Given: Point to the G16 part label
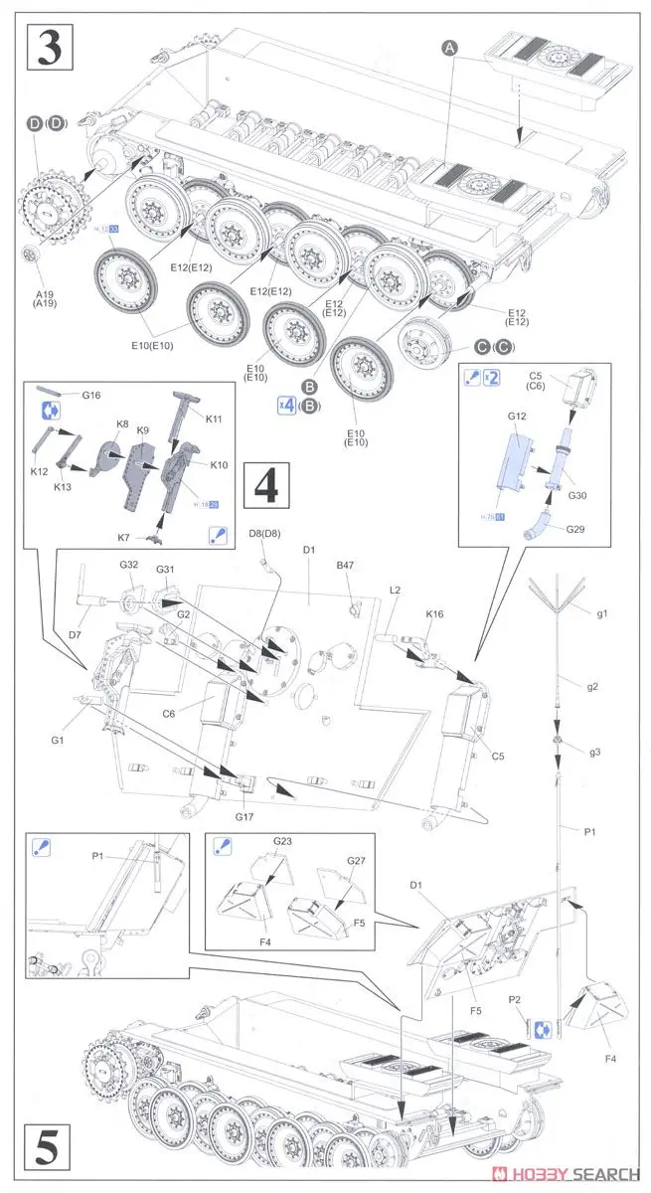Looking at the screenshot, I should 92,396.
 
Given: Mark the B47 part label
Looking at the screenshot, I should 345,565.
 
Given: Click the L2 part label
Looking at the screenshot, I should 395,591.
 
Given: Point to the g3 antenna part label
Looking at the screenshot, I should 594,752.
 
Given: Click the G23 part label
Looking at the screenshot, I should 283,841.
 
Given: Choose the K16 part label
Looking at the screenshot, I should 434,615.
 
